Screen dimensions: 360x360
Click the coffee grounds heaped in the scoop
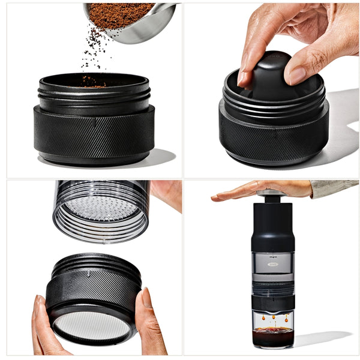click(x=120, y=14)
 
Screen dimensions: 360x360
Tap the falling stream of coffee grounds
click(x=94, y=51)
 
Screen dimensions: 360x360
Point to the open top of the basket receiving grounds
click(x=93, y=80)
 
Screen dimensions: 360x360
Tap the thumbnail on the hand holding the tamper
click(x=296, y=74)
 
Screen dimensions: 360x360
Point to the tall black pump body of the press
click(x=272, y=227)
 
